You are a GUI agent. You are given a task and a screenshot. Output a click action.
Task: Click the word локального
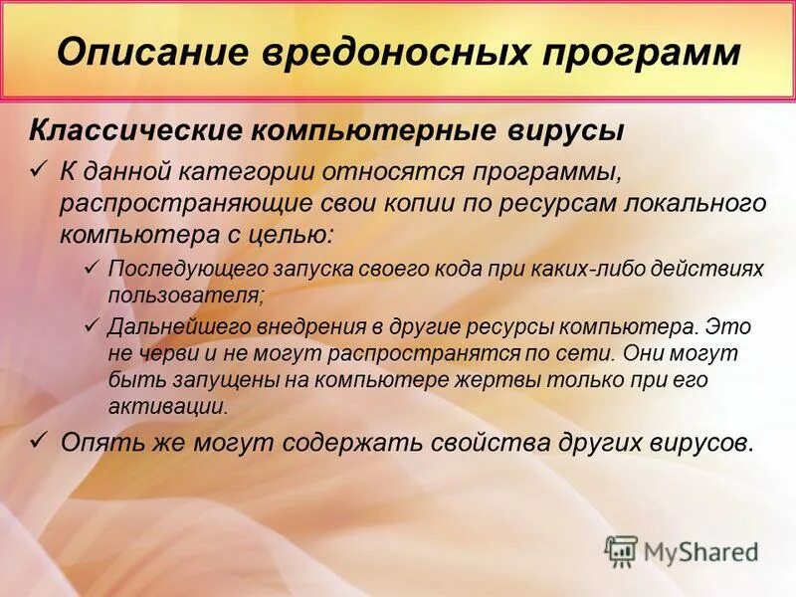pos(691,203)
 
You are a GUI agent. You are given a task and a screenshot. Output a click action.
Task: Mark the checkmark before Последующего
pos(91,267)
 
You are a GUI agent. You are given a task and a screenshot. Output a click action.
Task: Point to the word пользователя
pos(186,296)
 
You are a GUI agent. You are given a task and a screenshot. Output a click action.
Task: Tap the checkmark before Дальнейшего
pos(91,323)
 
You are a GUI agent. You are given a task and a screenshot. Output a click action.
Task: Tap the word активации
pos(168,406)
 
